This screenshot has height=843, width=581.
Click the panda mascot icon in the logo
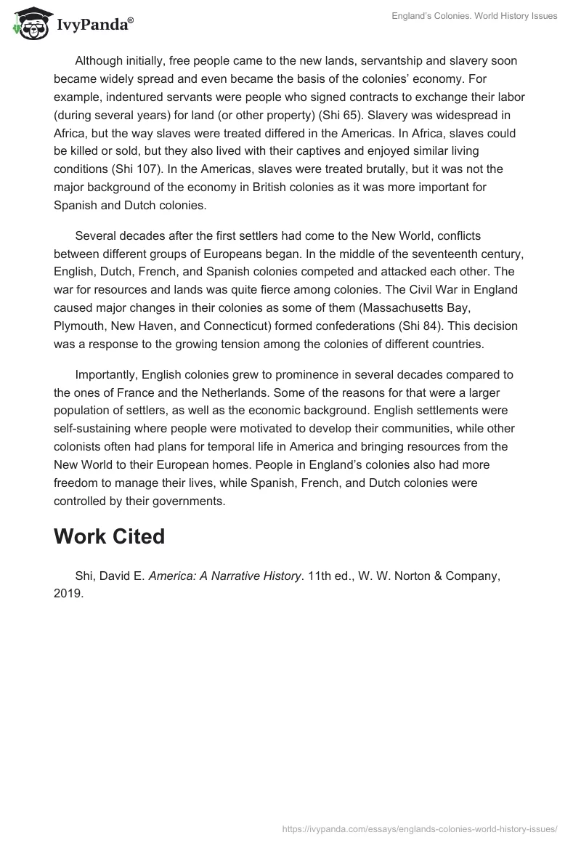point(28,24)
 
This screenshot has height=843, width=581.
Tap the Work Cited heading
point(109,536)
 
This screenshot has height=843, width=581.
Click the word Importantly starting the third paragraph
point(106,374)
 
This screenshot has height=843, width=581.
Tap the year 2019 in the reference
point(68,594)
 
